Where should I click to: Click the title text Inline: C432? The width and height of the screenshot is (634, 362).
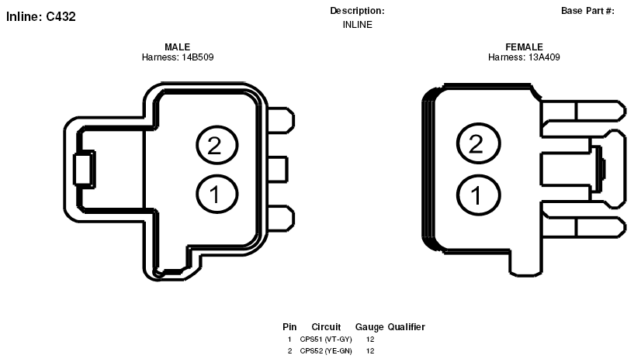(41, 16)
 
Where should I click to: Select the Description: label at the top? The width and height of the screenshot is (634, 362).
(357, 11)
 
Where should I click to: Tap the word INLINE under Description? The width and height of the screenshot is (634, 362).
(358, 25)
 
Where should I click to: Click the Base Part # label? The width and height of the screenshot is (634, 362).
(587, 11)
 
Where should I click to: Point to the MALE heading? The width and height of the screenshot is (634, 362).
(177, 47)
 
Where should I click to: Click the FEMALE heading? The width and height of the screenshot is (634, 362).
(524, 47)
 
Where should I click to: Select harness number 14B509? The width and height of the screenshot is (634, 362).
(197, 57)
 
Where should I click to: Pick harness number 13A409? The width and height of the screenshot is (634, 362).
(544, 57)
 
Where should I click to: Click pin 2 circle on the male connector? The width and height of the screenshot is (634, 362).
(217, 145)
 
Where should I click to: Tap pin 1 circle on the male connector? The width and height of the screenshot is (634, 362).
(217, 194)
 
